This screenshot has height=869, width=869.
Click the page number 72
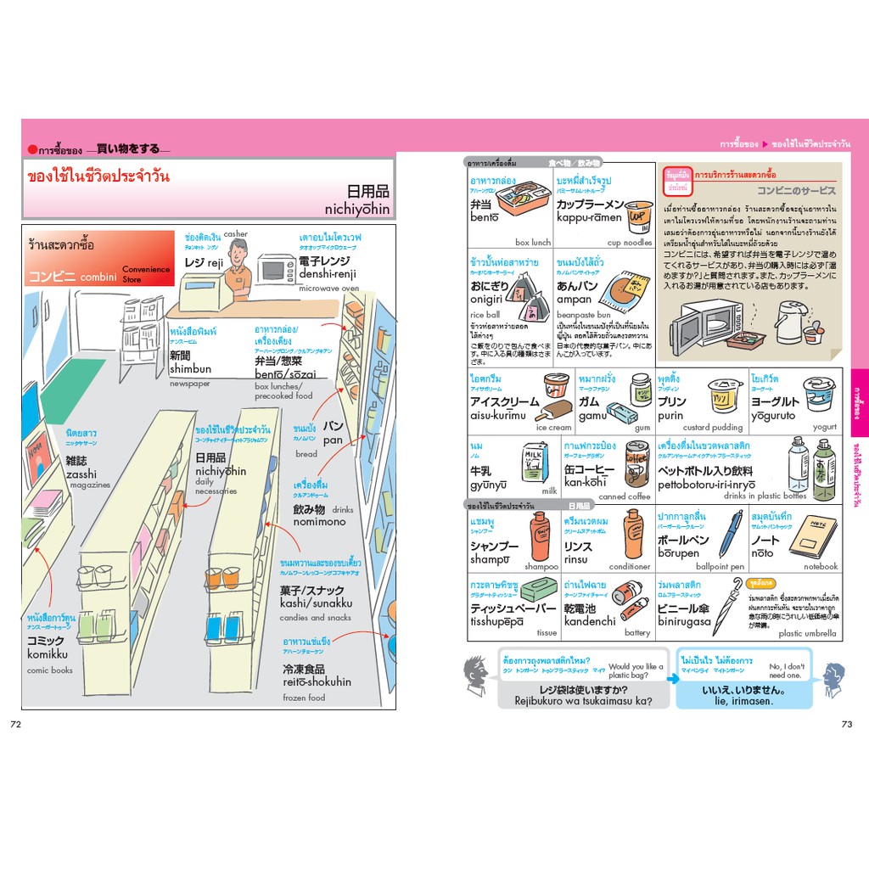click(15, 724)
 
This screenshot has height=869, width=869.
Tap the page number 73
click(845, 724)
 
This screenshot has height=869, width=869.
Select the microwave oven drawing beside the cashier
click(275, 268)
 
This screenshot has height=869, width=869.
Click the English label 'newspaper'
click(189, 384)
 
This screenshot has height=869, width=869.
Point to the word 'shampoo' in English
click(541, 567)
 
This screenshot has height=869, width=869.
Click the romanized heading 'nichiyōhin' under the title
click(356, 209)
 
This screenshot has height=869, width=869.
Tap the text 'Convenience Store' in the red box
click(145, 274)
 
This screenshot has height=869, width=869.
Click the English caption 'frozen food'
click(304, 698)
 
